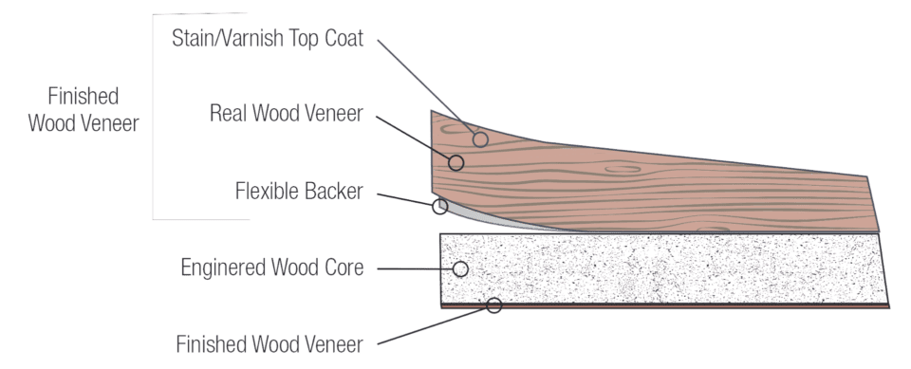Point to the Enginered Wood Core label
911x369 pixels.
(272, 268)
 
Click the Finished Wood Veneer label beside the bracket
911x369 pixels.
(84, 110)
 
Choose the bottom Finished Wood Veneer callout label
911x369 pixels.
(270, 342)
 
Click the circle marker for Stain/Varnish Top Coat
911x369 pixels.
(480, 140)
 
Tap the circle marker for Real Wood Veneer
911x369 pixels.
(456, 162)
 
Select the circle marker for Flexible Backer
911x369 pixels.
(438, 206)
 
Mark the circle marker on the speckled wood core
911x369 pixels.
(461, 268)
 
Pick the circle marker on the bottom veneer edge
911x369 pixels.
(493, 305)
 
